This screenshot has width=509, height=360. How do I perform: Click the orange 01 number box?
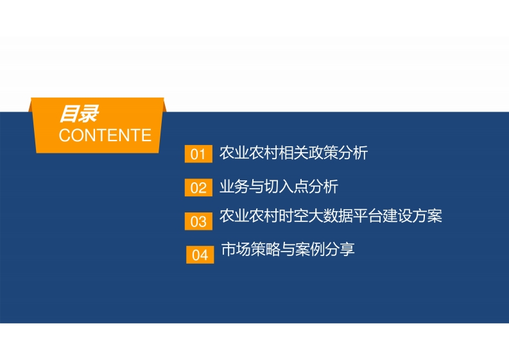pyautogui.click(x=198, y=154)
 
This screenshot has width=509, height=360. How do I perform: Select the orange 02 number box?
pyautogui.click(x=198, y=187)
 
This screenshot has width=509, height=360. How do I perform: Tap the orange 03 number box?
pyautogui.click(x=198, y=221)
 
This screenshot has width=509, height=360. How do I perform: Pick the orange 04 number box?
pyautogui.click(x=200, y=255)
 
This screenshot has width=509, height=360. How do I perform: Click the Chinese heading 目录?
pyautogui.click(x=78, y=114)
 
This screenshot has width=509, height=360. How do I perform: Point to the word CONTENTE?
pyautogui.click(x=105, y=135)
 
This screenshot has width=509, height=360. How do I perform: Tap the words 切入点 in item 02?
pyautogui.click(x=286, y=186)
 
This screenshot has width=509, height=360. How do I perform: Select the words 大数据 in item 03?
pyautogui.click(x=331, y=216)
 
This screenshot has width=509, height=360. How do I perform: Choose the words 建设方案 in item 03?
pyautogui.click(x=412, y=216)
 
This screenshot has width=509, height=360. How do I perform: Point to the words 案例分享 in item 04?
pyautogui.click(x=325, y=250)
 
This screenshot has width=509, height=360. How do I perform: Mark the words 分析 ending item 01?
pyautogui.click(x=353, y=153)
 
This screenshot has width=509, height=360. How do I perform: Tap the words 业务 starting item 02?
pyautogui.click(x=234, y=186)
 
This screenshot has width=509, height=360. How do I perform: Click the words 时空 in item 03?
pyautogui.click(x=293, y=216)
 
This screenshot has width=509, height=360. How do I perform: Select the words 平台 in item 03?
pyautogui.click(x=368, y=216)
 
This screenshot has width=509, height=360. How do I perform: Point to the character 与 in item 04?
pyautogui.click(x=288, y=250)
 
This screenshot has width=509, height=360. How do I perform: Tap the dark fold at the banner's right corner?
pyautogui.click(x=164, y=107)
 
